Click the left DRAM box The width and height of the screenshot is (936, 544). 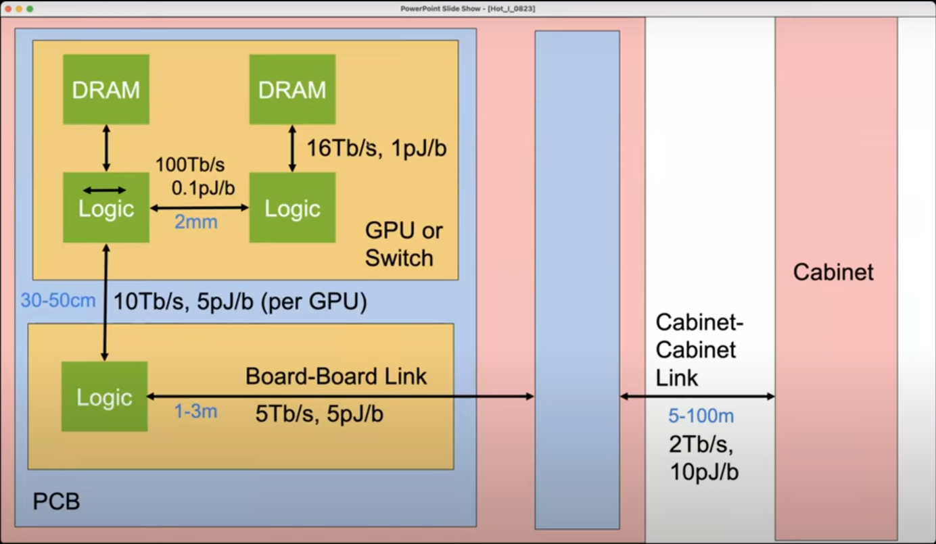pos(106,89)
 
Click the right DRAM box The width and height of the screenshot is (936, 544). pos(292,89)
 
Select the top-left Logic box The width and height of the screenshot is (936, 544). pos(106,209)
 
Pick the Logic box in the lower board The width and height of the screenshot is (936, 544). pos(104,397)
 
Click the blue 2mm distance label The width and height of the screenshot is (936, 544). pos(196,222)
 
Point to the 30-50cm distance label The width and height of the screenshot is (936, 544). pos(58,301)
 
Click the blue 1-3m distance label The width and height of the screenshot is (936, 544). pos(195,411)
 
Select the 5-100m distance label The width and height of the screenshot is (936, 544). pos(701,416)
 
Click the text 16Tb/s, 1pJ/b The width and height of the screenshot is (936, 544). pos(377,148)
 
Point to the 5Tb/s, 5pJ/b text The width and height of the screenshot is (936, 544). pos(319,414)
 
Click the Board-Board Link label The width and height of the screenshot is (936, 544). pos(336,376)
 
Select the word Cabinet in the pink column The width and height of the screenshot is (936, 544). pos(833,272)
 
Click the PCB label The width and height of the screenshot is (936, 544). pos(56,501)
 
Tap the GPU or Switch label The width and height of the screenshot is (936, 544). pos(404,244)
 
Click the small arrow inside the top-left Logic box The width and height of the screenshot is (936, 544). pos(104,191)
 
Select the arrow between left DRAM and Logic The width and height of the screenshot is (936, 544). pos(106,148)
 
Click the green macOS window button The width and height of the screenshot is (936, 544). pos(30,9)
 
